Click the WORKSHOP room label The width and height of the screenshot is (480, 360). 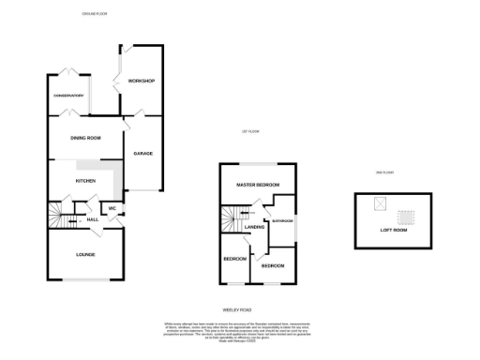pos(141,81)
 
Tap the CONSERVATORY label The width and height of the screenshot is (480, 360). pos(68,95)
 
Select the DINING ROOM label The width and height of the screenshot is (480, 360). pos(85,138)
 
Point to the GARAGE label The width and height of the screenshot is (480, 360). pos(142,153)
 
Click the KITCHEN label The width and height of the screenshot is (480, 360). pos(86,181)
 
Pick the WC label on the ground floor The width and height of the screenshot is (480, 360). pos(112,208)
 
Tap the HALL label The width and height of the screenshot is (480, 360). pos(93,219)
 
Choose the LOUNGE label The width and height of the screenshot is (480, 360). pos(85,254)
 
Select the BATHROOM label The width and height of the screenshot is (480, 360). pos(281,222)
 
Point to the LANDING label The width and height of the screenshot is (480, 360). pos(254,227)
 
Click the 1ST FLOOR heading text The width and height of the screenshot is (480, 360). pos(249,132)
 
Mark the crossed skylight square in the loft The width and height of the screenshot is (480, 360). pos(380,203)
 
